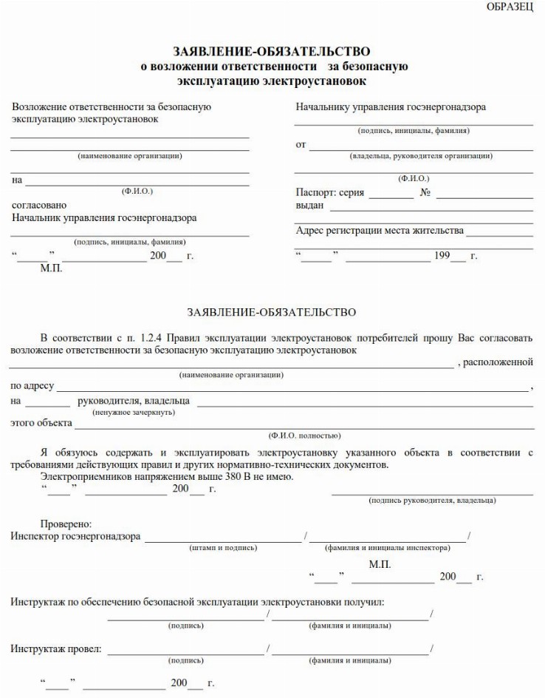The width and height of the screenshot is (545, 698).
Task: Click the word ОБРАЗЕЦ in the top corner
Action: pos(510,7)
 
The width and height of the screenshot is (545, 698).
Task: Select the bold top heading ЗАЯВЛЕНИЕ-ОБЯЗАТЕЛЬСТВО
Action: pos(272,52)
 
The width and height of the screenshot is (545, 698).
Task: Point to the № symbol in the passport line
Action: pos(425,192)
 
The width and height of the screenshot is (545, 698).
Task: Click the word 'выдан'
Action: pos(310,205)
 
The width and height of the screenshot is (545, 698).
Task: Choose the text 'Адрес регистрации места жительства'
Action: pos(380,230)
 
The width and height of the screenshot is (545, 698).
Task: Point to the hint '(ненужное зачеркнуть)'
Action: pos(133,412)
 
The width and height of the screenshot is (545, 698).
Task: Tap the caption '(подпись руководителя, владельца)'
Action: pos(432,501)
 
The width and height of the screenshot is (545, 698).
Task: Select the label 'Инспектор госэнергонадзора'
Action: pos(75,537)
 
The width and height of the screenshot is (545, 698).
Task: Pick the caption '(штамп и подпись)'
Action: pos(223,548)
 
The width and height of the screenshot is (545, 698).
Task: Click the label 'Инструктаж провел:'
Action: pos(56,649)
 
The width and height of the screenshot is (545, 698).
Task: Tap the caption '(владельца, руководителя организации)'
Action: pos(421,156)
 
